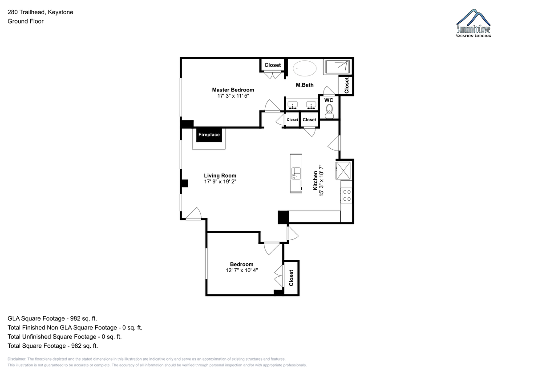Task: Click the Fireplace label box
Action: pyautogui.click(x=209, y=135)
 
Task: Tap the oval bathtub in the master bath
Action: pyautogui.click(x=304, y=68)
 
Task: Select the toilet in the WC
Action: pyautogui.click(x=329, y=111)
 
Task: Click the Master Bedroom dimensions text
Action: pyautogui.click(x=233, y=96)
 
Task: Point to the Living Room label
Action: pyautogui.click(x=220, y=175)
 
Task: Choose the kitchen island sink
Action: pyautogui.click(x=296, y=173)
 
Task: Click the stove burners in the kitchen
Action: pyautogui.click(x=347, y=195)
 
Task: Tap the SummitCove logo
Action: pyautogui.click(x=473, y=23)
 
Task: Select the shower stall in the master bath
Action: pyautogui.click(x=337, y=67)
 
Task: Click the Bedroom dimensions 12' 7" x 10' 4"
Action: pyautogui.click(x=242, y=270)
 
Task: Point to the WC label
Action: pyautogui.click(x=328, y=100)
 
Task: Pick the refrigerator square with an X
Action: pyautogui.click(x=343, y=171)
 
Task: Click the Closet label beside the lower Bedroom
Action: pyautogui.click(x=291, y=278)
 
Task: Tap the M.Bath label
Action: pyautogui.click(x=305, y=85)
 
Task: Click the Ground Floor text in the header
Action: pyautogui.click(x=25, y=21)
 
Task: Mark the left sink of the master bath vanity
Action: pyautogui.click(x=292, y=105)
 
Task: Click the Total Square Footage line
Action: pyautogui.click(x=53, y=345)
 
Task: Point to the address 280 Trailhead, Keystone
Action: pyautogui.click(x=40, y=12)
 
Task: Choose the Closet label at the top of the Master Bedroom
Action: pyautogui.click(x=272, y=65)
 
